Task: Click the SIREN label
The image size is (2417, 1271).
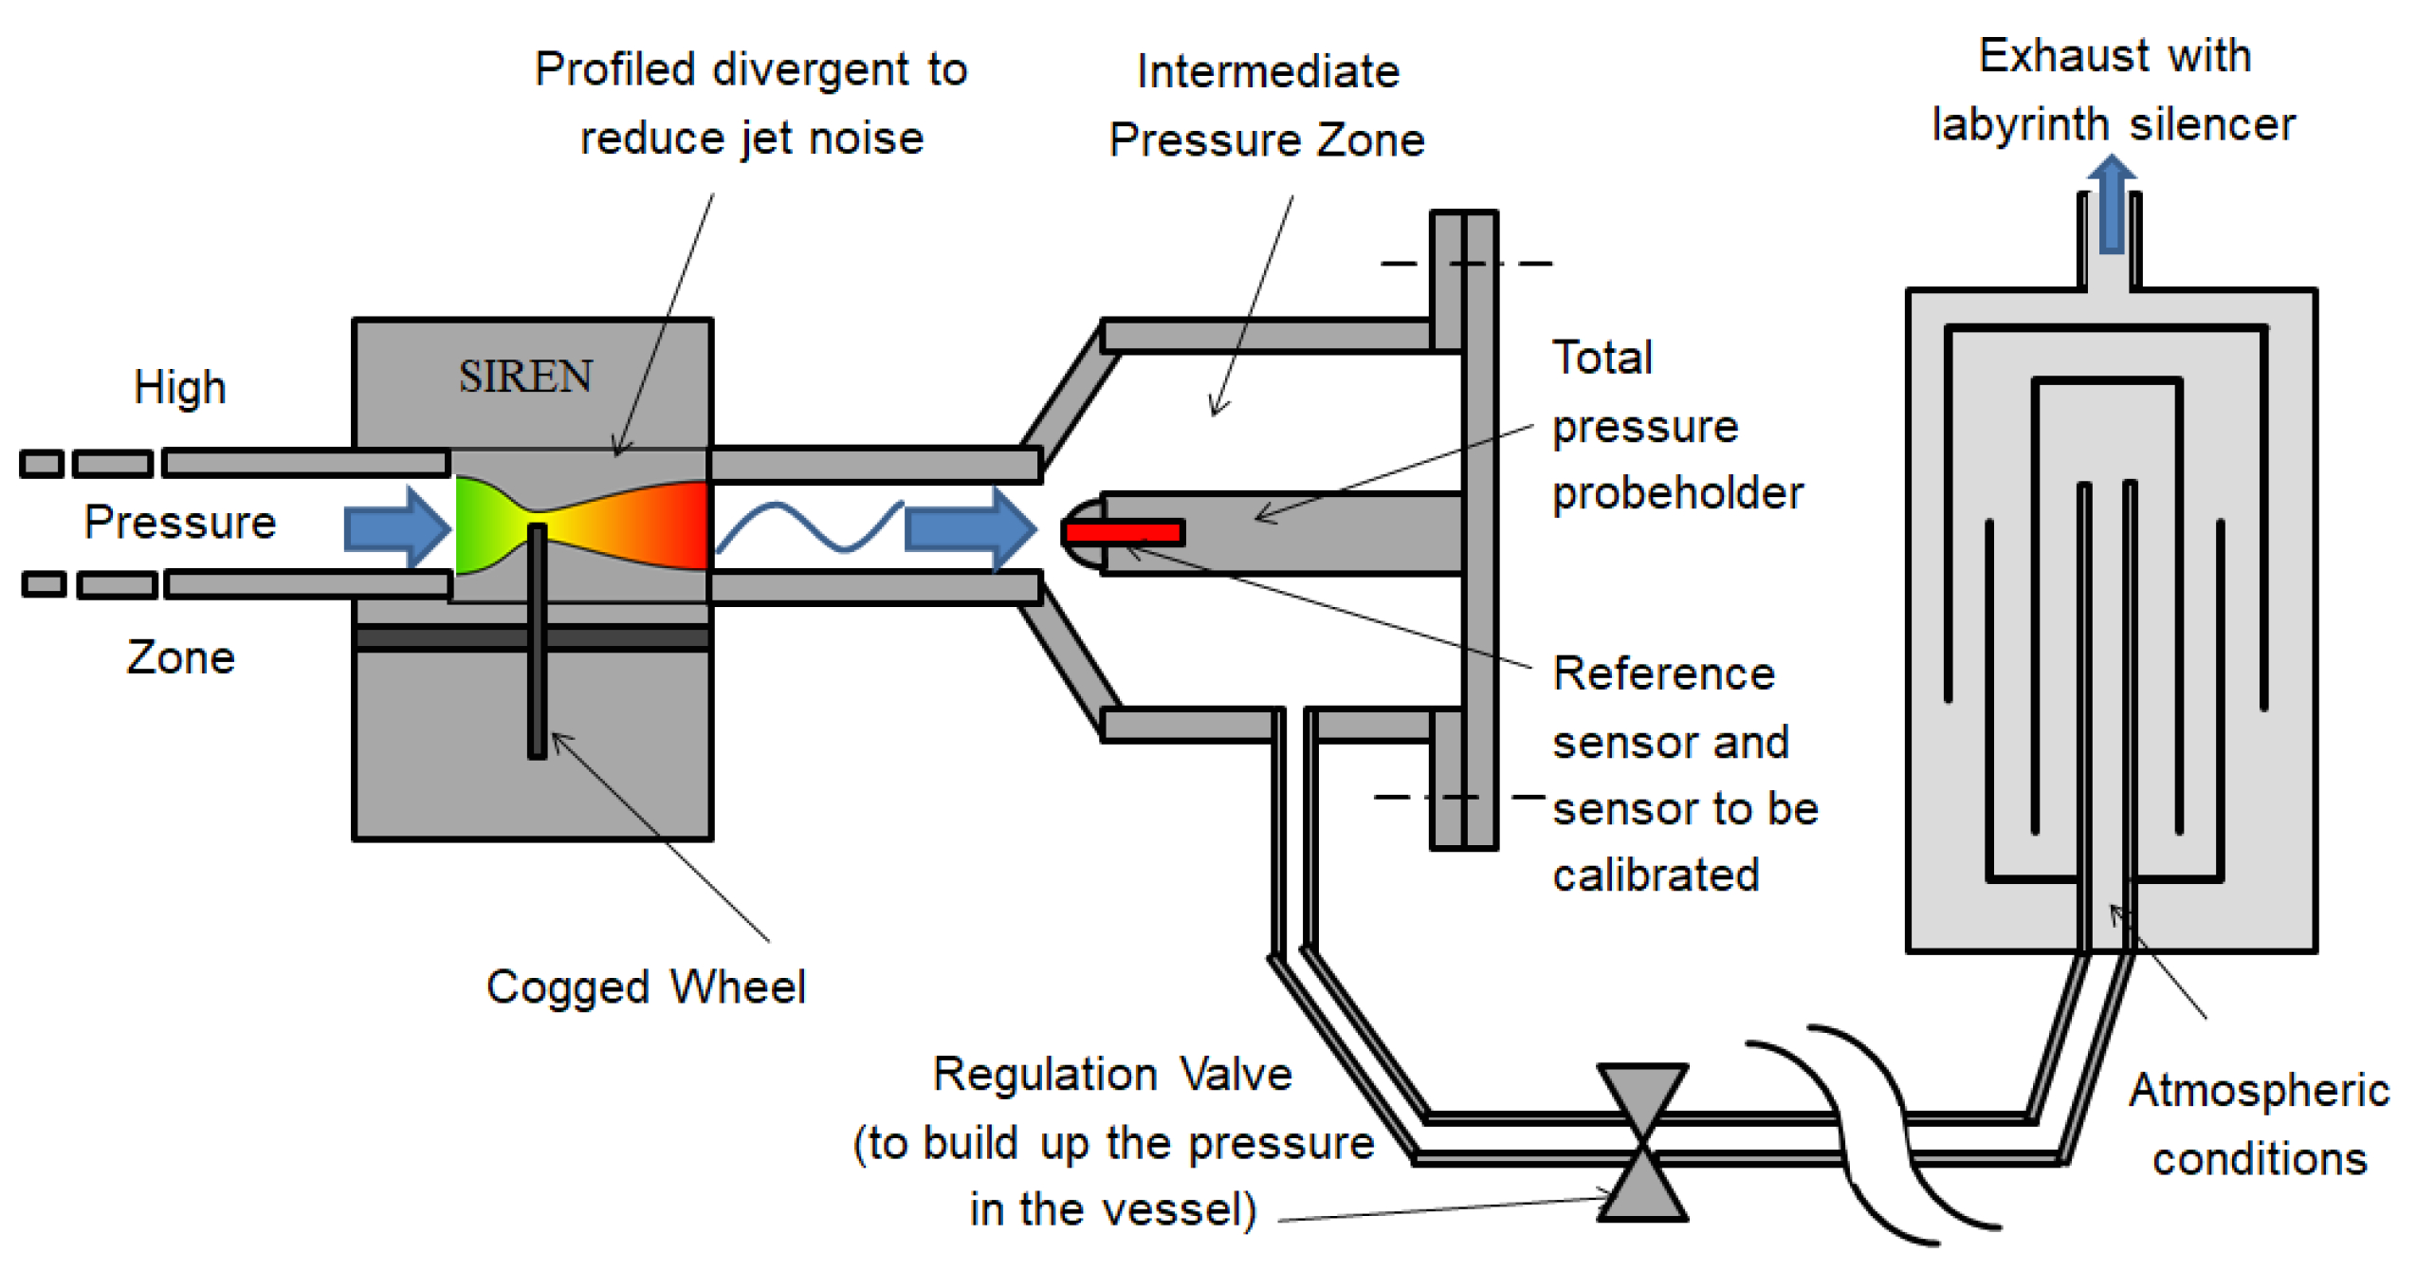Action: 524,377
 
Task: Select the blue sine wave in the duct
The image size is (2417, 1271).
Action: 808,526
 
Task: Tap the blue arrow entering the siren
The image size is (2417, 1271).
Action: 395,527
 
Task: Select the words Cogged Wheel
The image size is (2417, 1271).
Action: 645,986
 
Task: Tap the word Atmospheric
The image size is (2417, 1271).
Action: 2258,1089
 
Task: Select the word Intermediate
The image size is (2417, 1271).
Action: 1267,71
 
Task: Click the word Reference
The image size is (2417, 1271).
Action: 1663,673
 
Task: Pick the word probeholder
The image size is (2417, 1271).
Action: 1676,493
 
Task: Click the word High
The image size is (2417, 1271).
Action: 179,387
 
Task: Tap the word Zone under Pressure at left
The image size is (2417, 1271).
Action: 180,657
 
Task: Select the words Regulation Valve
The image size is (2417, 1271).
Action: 1111,1074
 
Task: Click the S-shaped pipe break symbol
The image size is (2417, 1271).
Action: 1873,1133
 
